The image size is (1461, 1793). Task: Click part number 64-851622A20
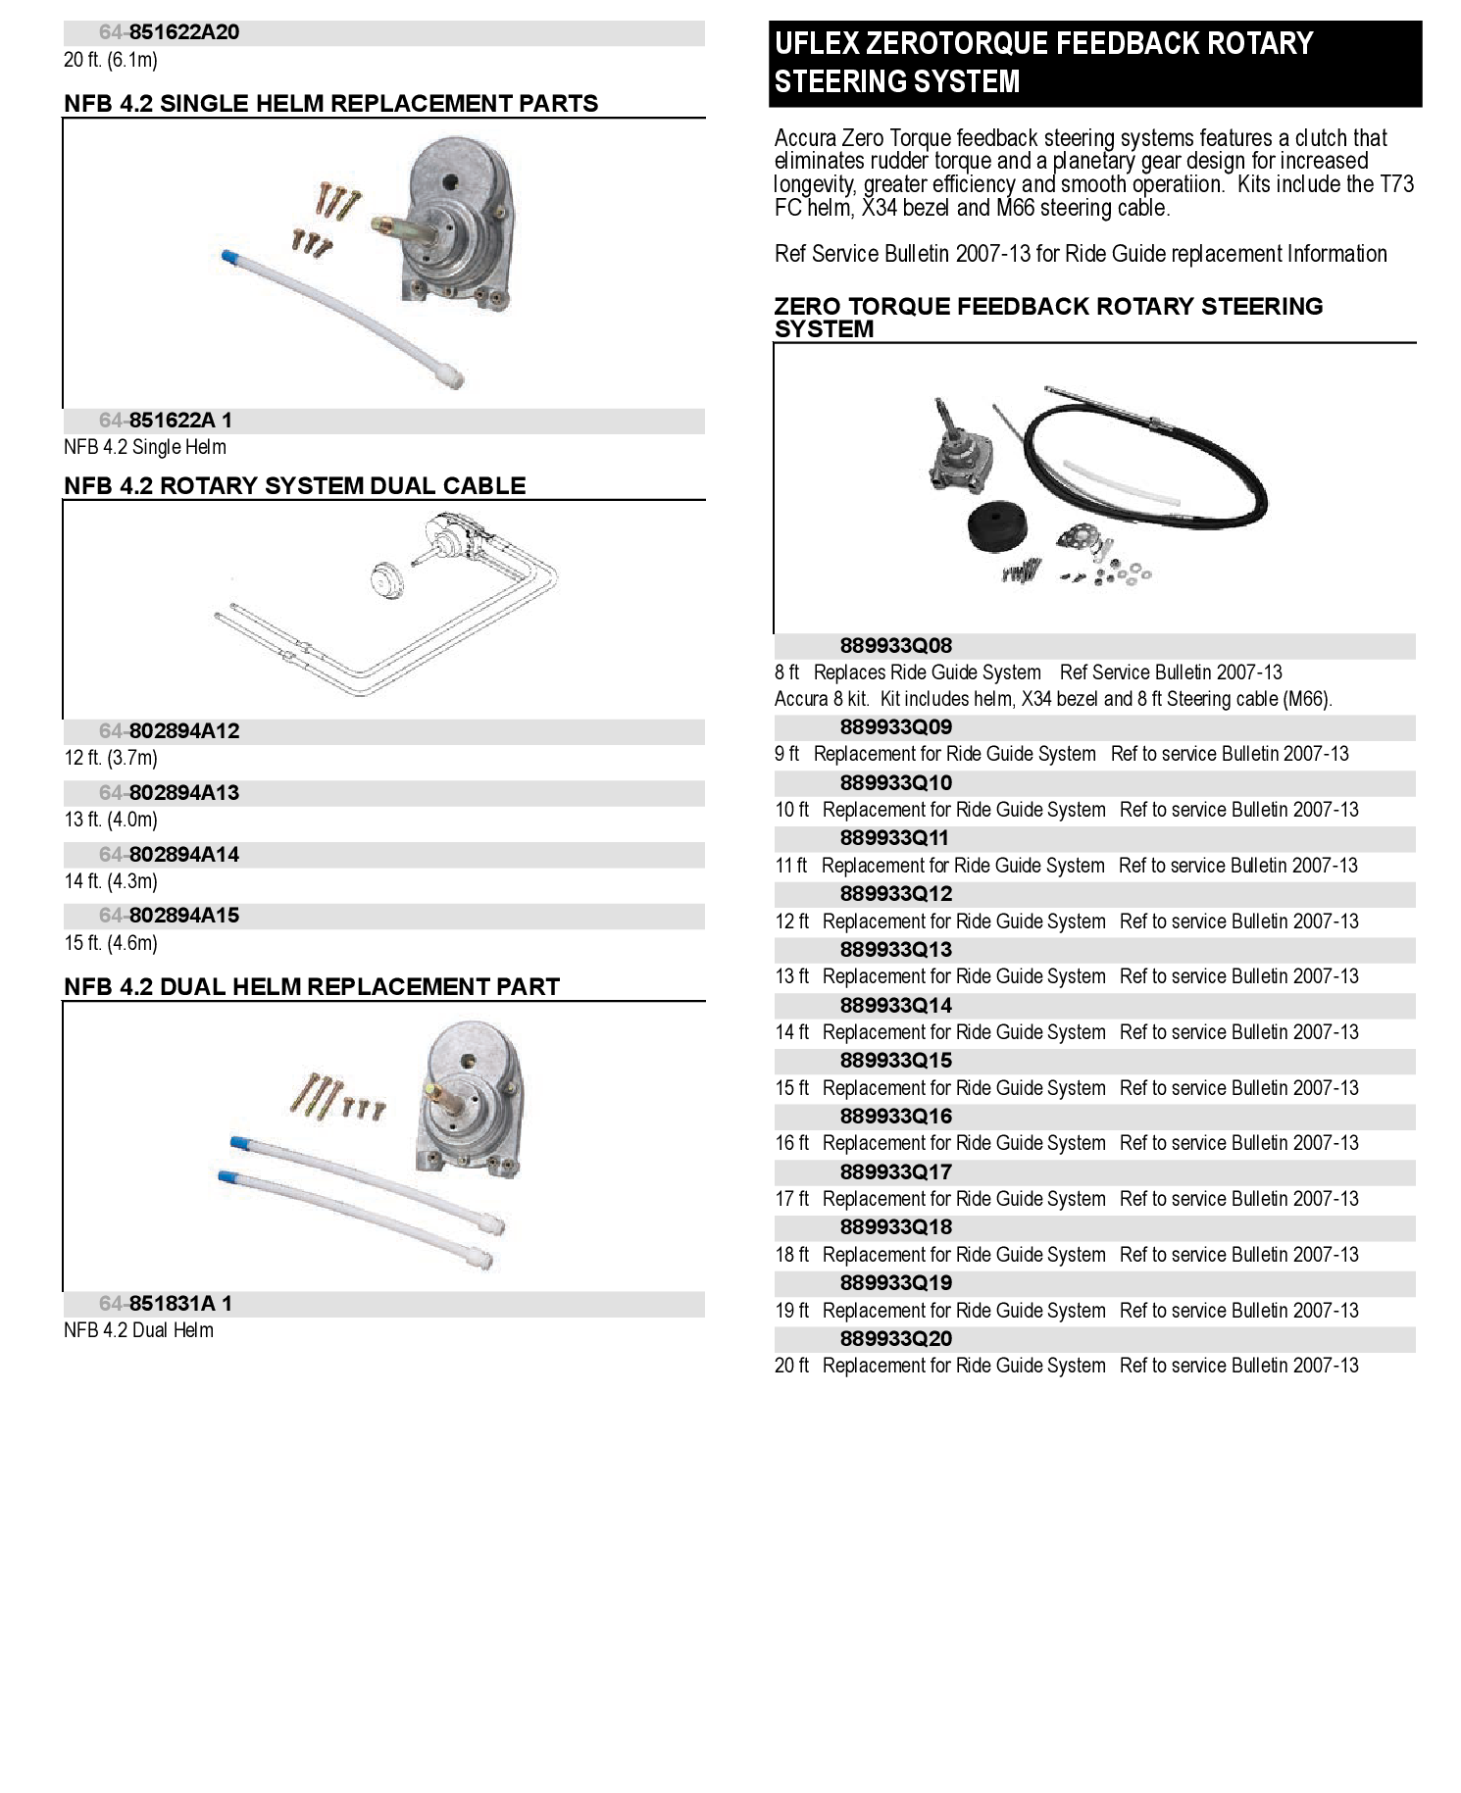click(169, 32)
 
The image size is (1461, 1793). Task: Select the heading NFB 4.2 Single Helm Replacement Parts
click(330, 104)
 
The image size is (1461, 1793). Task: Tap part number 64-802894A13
click(169, 793)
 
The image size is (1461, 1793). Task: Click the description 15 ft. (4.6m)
click(111, 943)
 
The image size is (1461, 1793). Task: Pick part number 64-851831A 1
click(166, 1304)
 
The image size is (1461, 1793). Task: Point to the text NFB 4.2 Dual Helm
click(138, 1330)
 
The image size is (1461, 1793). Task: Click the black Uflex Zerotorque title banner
click(1094, 63)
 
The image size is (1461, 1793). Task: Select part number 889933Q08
click(895, 646)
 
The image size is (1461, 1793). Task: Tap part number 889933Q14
click(895, 1006)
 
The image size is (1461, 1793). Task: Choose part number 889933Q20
click(895, 1339)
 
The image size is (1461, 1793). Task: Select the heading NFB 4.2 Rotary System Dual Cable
click(294, 486)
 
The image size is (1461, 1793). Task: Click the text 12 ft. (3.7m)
click(111, 758)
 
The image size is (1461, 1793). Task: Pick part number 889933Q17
click(895, 1172)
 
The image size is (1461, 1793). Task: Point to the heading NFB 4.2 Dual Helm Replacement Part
click(312, 987)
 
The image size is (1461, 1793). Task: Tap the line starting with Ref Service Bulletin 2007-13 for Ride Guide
click(1080, 255)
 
